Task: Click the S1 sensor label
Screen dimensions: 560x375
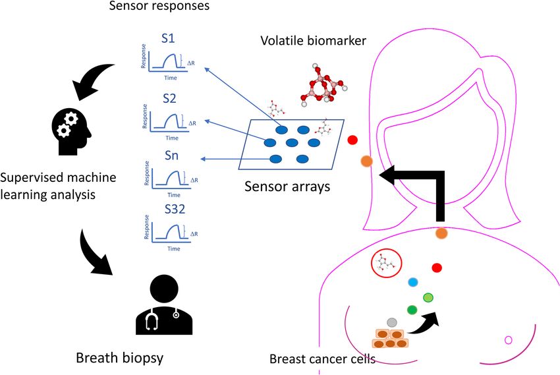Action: point(168,38)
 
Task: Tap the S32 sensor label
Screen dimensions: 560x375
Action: point(175,209)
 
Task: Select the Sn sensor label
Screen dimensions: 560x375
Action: point(171,156)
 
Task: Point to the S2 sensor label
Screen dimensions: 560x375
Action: point(169,98)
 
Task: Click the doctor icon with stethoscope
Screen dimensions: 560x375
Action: point(164,304)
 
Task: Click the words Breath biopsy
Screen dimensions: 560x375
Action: point(120,358)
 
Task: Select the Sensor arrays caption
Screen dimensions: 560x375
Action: point(287,187)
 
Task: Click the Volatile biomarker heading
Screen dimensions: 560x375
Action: point(313,41)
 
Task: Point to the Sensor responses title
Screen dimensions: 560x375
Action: point(159,6)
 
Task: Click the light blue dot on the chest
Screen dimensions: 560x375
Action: point(413,282)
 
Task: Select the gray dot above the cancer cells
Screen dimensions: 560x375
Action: point(392,322)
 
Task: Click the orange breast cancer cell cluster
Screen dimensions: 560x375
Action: point(390,339)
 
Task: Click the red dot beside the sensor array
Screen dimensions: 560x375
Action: point(352,140)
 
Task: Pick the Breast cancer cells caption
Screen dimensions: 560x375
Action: point(322,359)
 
